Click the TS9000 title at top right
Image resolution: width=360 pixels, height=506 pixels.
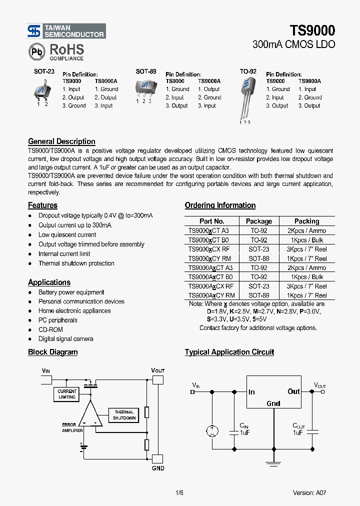[x=312, y=30]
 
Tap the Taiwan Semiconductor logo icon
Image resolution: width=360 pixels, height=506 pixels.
[x=34, y=31]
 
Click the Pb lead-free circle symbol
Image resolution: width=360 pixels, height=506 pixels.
[x=36, y=51]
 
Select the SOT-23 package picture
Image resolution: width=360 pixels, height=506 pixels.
[x=42, y=91]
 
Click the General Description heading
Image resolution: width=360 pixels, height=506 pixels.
[x=61, y=141]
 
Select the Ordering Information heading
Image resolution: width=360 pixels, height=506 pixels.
[x=220, y=205]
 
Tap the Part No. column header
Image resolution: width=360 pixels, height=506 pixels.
[x=212, y=221]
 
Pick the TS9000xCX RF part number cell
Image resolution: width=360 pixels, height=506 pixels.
[x=209, y=249]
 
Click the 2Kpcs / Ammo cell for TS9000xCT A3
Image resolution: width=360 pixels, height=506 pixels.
[x=306, y=230]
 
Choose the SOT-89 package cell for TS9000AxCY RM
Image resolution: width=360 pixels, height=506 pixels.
[x=258, y=295]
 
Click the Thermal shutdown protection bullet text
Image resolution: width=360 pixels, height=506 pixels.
[x=76, y=263]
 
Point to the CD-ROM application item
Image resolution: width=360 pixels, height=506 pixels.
[x=50, y=329]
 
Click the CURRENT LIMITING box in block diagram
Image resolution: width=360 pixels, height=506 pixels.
[x=67, y=394]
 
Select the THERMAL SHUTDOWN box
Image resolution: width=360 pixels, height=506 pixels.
[x=124, y=415]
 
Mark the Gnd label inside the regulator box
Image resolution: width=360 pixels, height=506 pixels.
[x=273, y=403]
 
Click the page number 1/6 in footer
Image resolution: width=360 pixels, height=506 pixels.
[x=179, y=492]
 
